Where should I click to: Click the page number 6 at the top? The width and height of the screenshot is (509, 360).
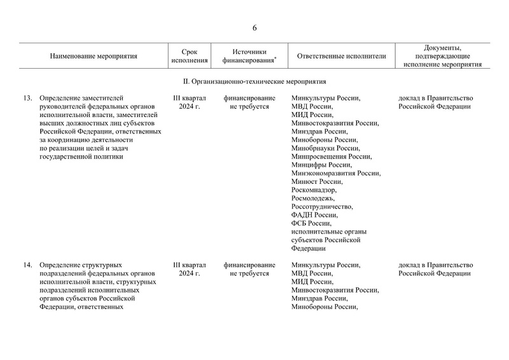254,28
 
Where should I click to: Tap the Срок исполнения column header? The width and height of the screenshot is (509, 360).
190,56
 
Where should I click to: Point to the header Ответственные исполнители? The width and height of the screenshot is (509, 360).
342,56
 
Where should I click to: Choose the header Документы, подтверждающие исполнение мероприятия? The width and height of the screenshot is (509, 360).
443,56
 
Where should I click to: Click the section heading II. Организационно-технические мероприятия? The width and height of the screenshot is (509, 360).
254,81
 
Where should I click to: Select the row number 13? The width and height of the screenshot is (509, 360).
27,99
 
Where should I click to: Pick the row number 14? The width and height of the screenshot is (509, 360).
27,265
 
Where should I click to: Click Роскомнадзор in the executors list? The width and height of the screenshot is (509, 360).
314,190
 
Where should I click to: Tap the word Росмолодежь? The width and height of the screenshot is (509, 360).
311,198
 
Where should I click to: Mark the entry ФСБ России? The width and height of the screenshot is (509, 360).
311,223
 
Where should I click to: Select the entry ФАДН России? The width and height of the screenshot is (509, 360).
314,215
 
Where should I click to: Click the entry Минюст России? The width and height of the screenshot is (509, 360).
316,181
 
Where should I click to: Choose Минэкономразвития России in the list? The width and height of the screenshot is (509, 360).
335,173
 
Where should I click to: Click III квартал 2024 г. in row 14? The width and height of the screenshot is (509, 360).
190,269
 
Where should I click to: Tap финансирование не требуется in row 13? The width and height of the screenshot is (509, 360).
249,103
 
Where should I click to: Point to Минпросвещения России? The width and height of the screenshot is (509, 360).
331,156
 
